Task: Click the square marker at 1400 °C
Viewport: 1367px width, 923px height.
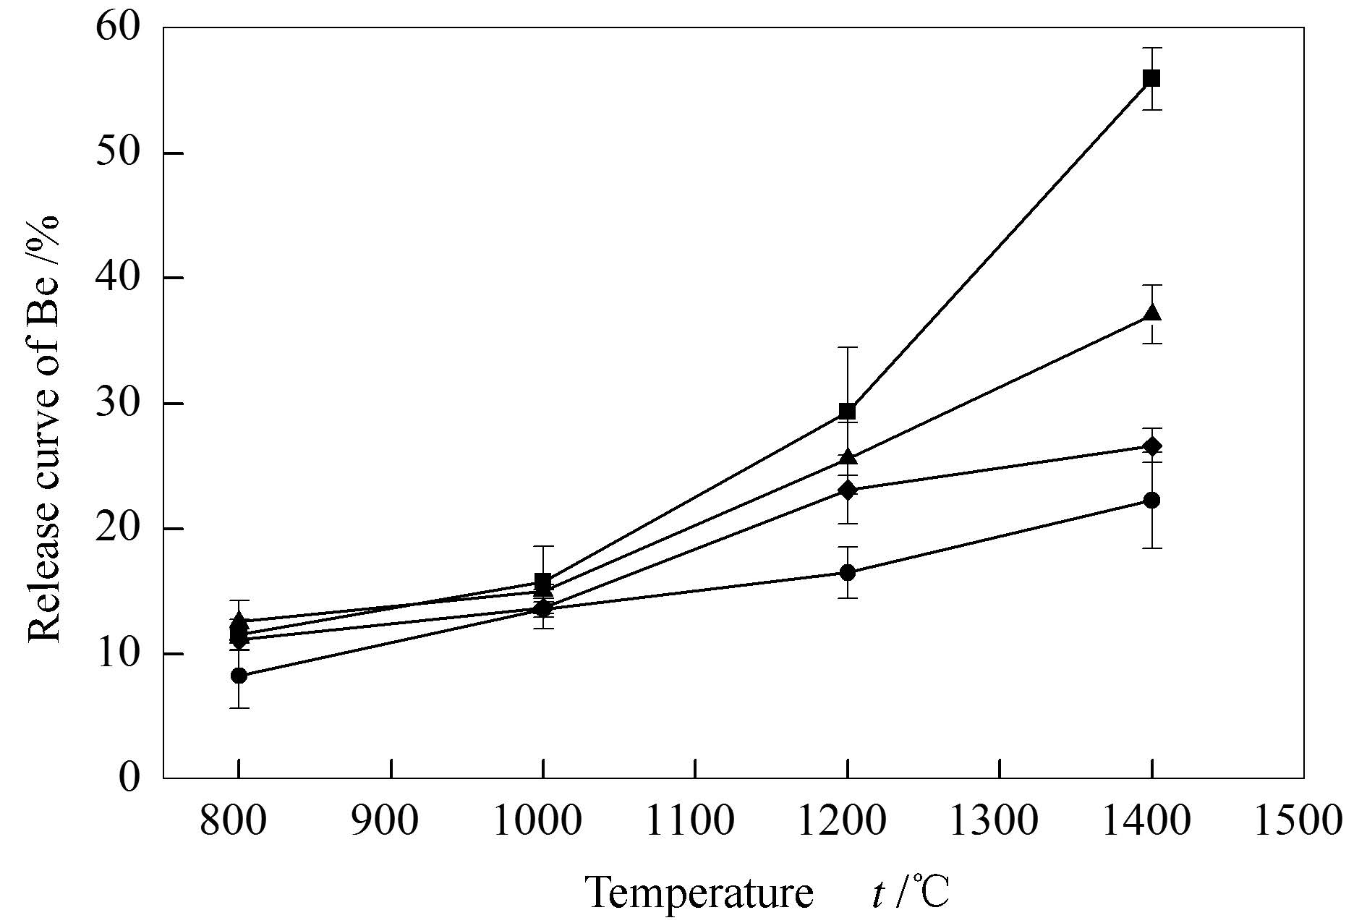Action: tap(1151, 78)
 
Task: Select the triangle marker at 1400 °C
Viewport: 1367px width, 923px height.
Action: tap(1151, 314)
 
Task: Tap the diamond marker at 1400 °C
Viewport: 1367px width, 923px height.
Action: tap(1151, 446)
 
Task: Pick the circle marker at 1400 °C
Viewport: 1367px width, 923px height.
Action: tap(1151, 500)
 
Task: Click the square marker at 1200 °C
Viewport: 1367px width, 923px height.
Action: tap(847, 412)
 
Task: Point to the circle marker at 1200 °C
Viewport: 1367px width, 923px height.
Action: tap(847, 572)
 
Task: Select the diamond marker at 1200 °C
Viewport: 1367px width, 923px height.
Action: tap(847, 490)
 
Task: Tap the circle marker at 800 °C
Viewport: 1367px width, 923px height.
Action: tap(239, 676)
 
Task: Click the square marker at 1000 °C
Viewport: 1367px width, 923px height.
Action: tap(542, 581)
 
